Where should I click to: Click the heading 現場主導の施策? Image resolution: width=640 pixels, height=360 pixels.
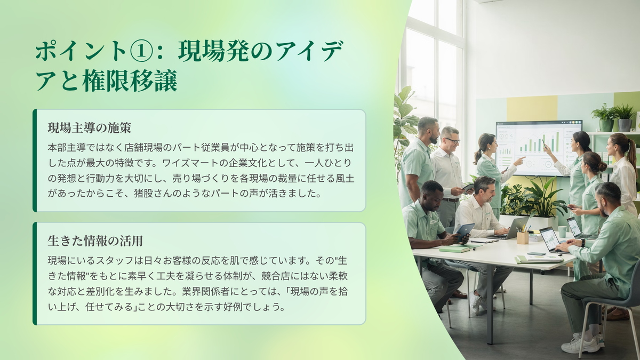coord(89,128)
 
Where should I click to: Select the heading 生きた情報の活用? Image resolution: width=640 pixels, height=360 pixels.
coord(95,241)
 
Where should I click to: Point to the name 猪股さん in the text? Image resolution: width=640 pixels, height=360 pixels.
coord(154,194)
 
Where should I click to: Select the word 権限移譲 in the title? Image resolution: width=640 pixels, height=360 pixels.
coord(130,81)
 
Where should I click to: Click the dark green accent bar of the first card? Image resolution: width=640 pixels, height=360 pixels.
coord(35,161)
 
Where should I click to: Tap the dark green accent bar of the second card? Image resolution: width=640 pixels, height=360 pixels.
coord(35,274)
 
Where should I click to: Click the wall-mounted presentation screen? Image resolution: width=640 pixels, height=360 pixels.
coord(539,148)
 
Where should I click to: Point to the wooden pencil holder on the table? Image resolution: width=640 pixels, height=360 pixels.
coord(523,237)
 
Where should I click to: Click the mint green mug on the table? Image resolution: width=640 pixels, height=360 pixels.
coord(562,231)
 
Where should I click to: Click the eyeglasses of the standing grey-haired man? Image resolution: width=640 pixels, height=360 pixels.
coord(452,141)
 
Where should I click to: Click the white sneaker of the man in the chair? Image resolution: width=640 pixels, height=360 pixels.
coord(580,346)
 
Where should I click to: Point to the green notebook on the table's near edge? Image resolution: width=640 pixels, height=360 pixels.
coord(454,249)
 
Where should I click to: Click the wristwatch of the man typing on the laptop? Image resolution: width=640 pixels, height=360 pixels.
coord(583,243)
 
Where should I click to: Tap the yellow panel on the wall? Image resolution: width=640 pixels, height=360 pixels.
coord(532,109)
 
